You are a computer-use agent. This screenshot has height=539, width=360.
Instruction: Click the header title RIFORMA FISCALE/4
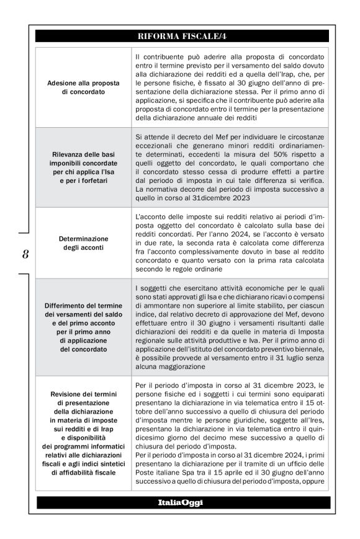coord(179,37)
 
